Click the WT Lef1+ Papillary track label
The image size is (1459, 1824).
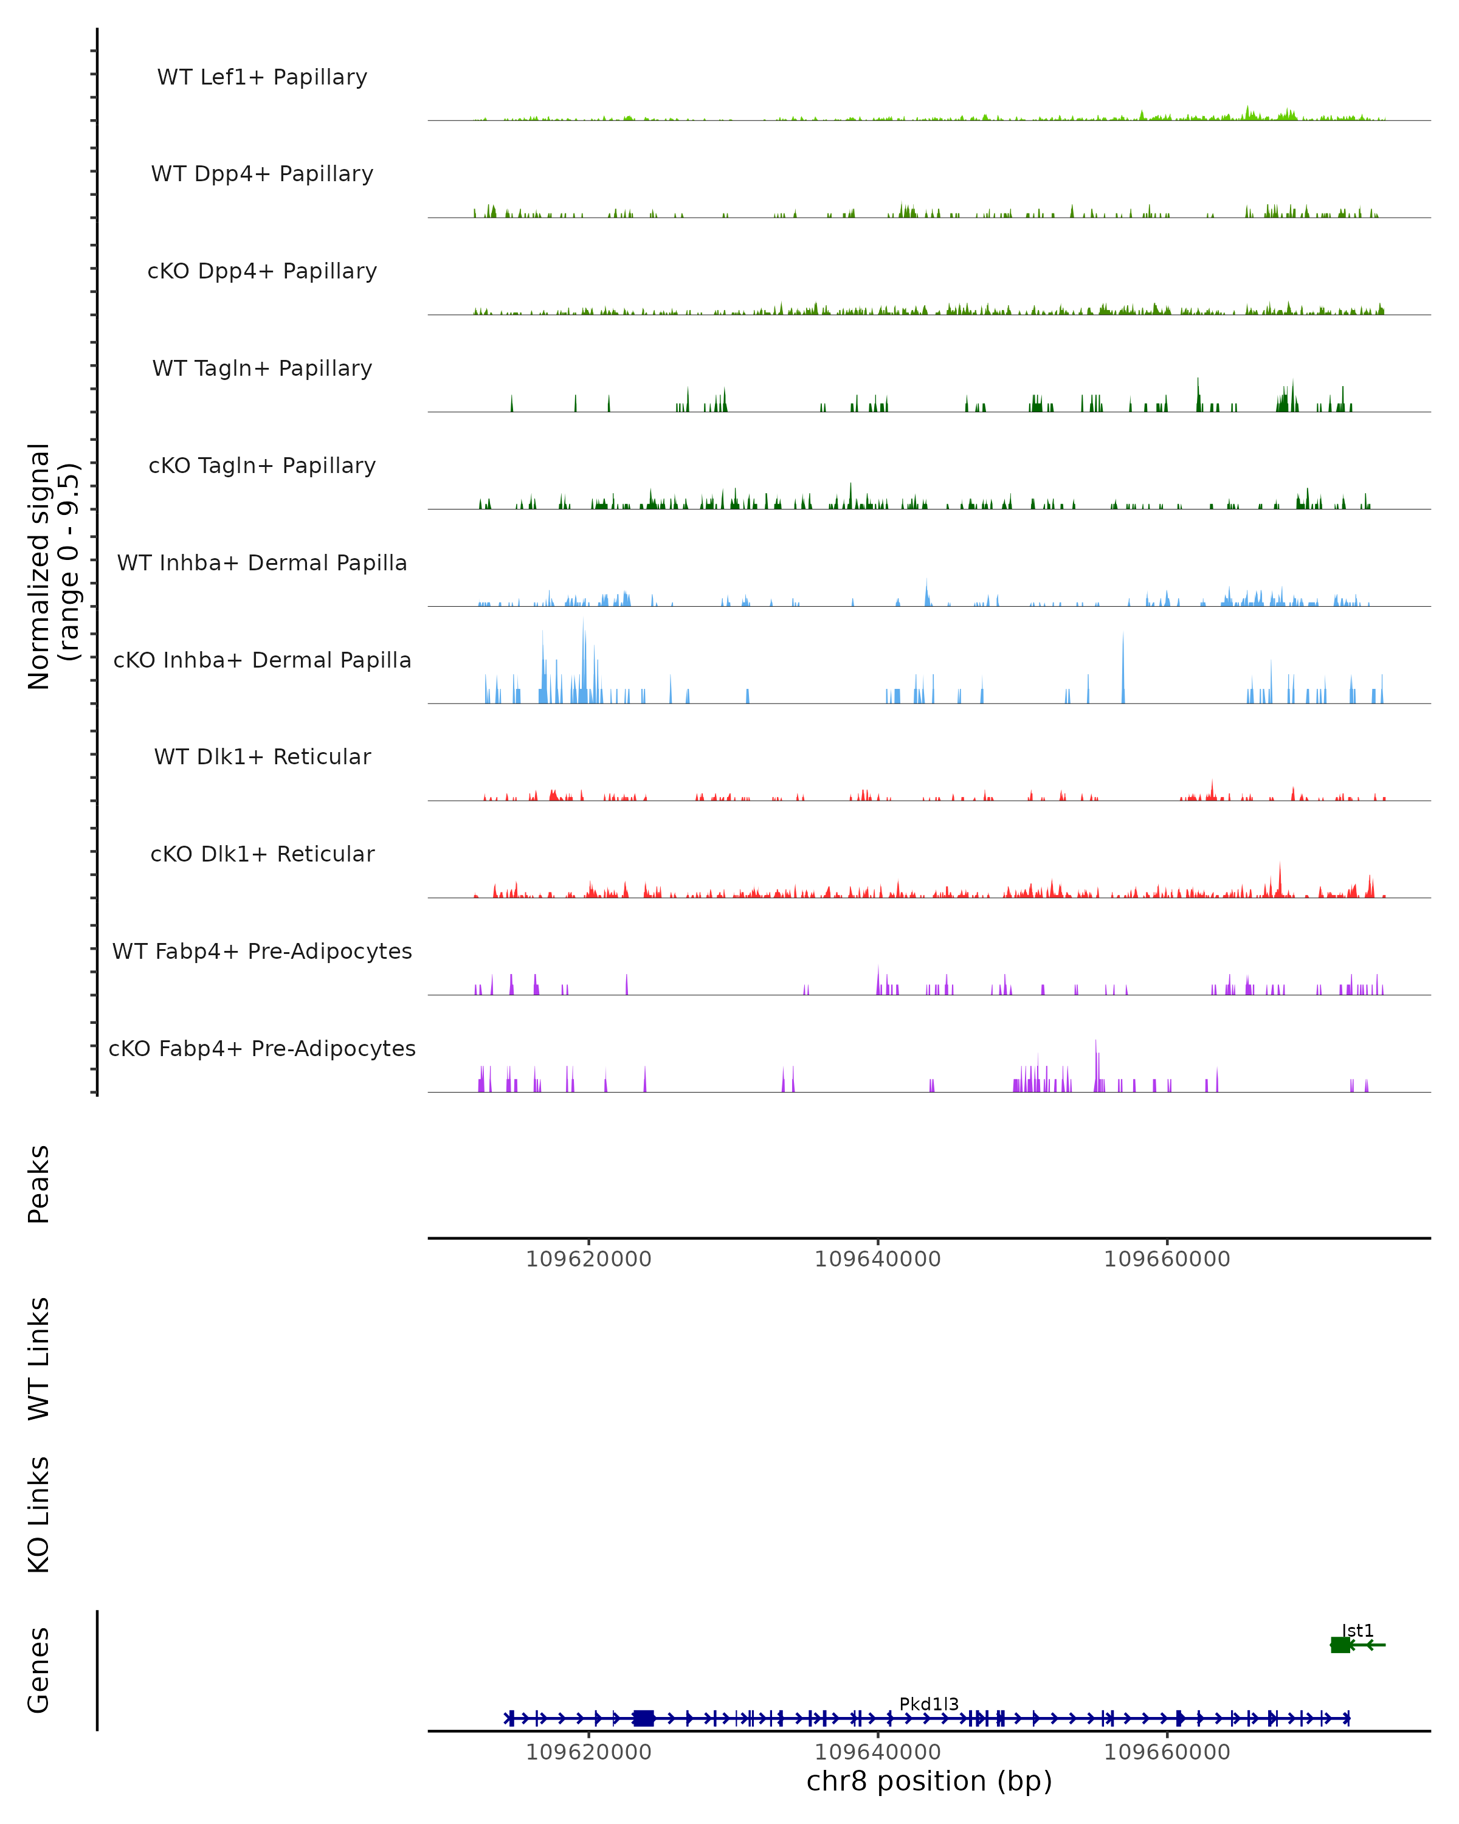(x=262, y=77)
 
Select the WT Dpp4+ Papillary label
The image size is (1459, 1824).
(x=262, y=174)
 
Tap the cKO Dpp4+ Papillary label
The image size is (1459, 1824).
(x=262, y=272)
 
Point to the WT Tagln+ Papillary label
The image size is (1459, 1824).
(x=262, y=369)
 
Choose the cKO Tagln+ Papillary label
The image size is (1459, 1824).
(x=262, y=466)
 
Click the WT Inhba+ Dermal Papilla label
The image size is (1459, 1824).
(x=262, y=564)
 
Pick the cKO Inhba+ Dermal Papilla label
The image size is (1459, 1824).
(x=262, y=661)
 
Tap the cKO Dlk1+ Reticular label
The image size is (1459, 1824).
(x=262, y=854)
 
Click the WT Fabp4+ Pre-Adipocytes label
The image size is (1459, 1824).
(x=262, y=952)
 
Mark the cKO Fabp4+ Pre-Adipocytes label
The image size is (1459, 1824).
(x=262, y=1049)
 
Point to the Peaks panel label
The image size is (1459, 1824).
(x=39, y=1184)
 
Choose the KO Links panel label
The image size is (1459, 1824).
(x=39, y=1515)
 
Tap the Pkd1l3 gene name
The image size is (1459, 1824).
(x=929, y=1704)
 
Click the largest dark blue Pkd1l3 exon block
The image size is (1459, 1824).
(x=644, y=1718)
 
